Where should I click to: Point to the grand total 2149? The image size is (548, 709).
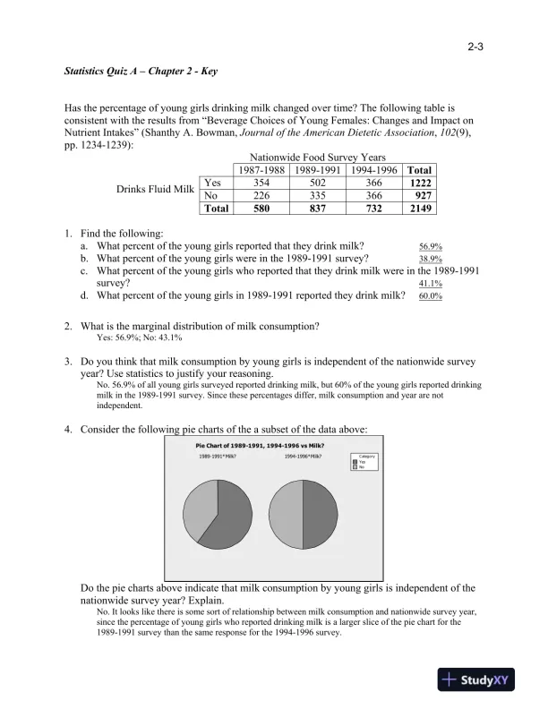(419, 209)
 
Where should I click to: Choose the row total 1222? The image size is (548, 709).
(419, 183)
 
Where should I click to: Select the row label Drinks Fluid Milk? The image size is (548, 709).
(155, 189)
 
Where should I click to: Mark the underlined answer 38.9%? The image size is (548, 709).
(431, 259)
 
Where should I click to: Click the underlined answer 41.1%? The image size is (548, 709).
(431, 284)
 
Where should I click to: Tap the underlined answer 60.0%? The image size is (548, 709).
(431, 296)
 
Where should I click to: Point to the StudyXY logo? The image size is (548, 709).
(483, 680)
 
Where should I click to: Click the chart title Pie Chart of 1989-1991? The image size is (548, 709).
(260, 446)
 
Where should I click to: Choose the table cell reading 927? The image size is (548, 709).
(419, 195)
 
